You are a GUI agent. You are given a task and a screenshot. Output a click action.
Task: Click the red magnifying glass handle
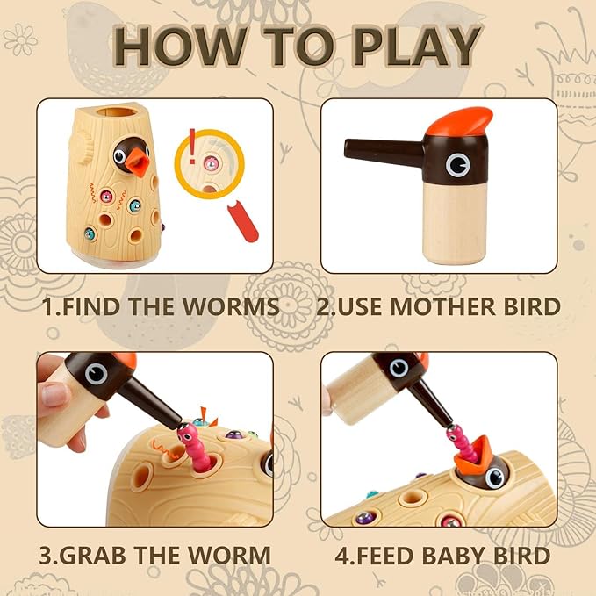(242, 222)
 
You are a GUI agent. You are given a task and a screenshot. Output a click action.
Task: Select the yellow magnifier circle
(211, 163)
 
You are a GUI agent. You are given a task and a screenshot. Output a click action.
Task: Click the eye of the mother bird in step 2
(457, 164)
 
